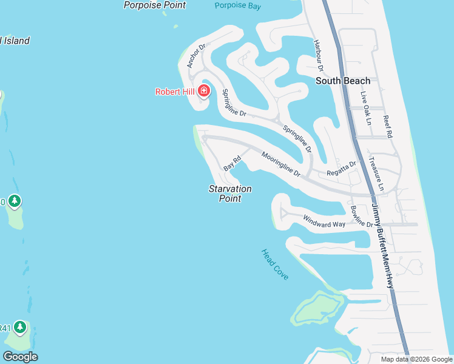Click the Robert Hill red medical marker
pyautogui.click(x=204, y=92)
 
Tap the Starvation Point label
pyautogui.click(x=230, y=194)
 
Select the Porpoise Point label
pyautogui.click(x=155, y=5)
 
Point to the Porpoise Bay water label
pyautogui.click(x=238, y=5)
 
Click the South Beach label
pyautogui.click(x=343, y=81)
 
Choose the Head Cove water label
pyautogui.click(x=275, y=265)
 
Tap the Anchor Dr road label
pyautogui.click(x=197, y=55)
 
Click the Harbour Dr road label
pyautogui.click(x=318, y=55)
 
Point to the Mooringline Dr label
pyautogui.click(x=281, y=164)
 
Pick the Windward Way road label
pyautogui.click(x=324, y=221)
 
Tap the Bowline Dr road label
pyautogui.click(x=362, y=217)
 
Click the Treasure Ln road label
pyautogui.click(x=376, y=175)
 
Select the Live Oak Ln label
pyautogui.click(x=365, y=108)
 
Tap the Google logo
pyautogui.click(x=20, y=357)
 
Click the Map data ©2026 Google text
pyautogui.click(x=416, y=359)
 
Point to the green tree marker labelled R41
pyautogui.click(x=21, y=328)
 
